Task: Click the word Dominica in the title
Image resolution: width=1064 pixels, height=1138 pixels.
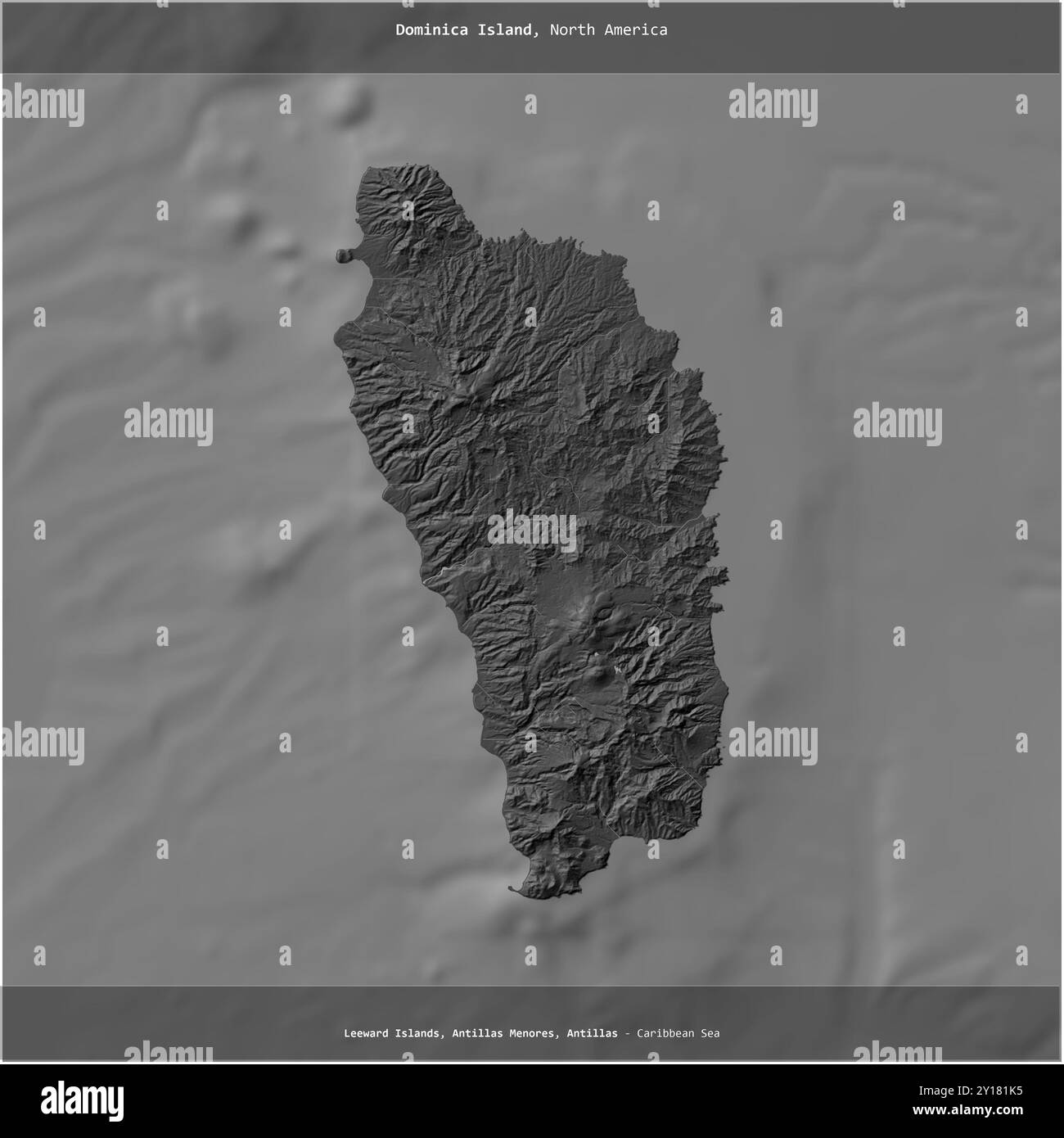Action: point(430,30)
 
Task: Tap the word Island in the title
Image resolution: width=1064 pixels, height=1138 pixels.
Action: point(503,30)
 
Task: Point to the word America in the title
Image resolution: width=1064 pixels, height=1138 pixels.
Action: point(636,30)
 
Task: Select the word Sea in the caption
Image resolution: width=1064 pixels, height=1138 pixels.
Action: point(710,1034)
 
